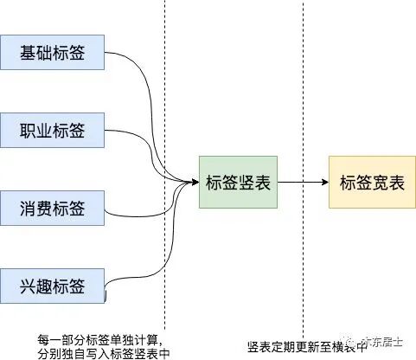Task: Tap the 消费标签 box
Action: pos(53,208)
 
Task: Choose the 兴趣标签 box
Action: pos(53,286)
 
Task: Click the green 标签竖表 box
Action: pos(238,183)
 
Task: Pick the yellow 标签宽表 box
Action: pos(371,183)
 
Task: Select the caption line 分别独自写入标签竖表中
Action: pos(103,352)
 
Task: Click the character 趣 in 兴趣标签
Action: pos(44,286)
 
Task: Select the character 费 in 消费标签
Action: pos(44,208)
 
